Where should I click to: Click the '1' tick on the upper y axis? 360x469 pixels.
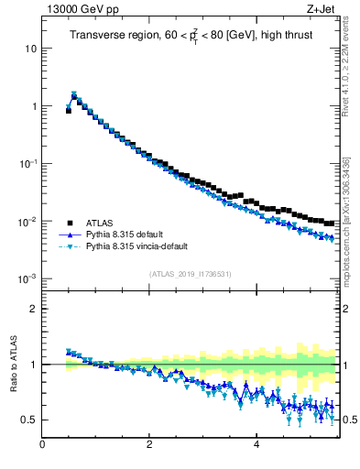click(32, 106)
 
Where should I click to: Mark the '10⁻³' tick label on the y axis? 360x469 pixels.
click(27, 278)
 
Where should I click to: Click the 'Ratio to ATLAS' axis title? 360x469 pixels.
click(13, 365)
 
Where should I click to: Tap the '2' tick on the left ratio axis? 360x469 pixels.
click(32, 309)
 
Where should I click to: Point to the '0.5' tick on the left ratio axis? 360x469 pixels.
click(28, 420)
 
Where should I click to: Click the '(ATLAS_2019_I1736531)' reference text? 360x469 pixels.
click(189, 273)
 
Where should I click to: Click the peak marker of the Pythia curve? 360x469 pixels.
click(74, 94)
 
